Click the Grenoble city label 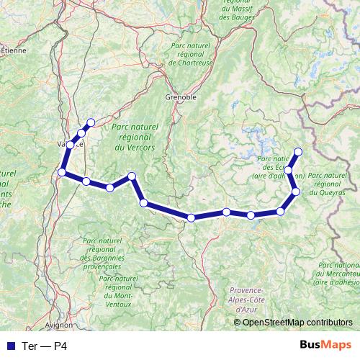click(x=181, y=96)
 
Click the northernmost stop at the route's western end click(x=91, y=122)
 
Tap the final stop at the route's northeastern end click(x=297, y=151)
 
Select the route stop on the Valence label click(x=69, y=144)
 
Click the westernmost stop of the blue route click(x=62, y=172)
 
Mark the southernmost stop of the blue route click(x=191, y=217)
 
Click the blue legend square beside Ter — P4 click(x=11, y=346)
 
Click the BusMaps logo click(x=325, y=346)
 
